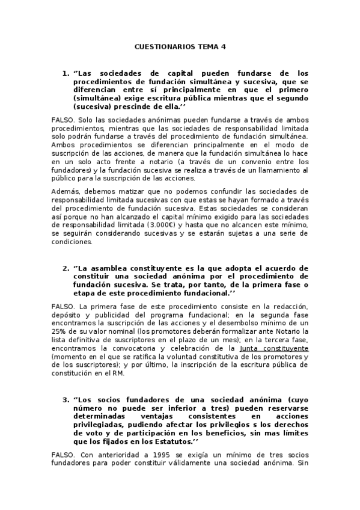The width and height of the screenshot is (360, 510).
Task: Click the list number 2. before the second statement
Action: [66, 268]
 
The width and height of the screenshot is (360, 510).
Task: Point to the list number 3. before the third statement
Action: [66, 399]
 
